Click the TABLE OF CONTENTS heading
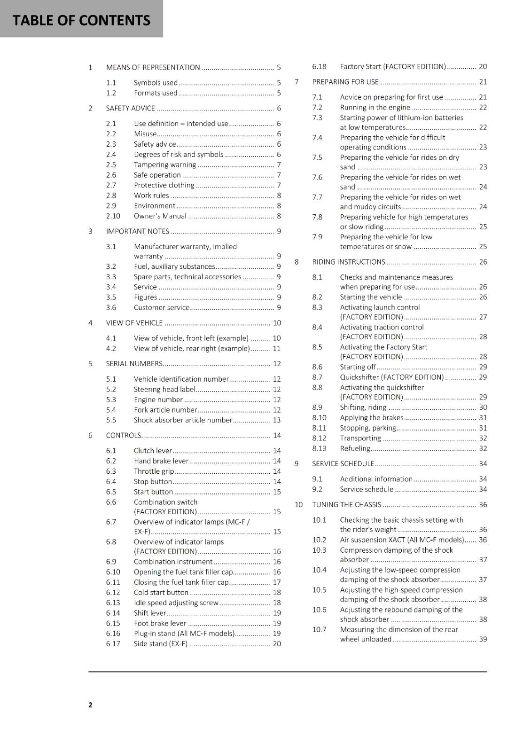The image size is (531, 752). pos(81,20)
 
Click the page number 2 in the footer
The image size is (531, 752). pos(90,705)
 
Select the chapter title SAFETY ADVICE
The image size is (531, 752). pos(131,108)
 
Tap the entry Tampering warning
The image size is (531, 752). pos(165,165)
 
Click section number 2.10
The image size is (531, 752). pos(113,216)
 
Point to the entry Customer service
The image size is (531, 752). pos(162,308)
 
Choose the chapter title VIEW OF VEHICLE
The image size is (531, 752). pos(134,323)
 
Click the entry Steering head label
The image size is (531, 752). pos(164,390)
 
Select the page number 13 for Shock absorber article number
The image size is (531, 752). pos(277,420)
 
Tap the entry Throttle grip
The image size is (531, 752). pos(154,471)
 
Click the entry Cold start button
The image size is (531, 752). pos(161,593)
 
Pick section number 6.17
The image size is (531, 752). pos(113,644)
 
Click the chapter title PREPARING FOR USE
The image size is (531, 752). pos(345,82)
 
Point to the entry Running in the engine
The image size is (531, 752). pos(375,108)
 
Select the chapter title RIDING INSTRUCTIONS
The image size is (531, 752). pos(349,262)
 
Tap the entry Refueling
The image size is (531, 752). pos(355,449)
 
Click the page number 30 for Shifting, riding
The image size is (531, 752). pos(483,407)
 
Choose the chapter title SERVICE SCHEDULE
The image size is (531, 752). pos(343,464)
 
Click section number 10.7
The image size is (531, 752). pos(319,630)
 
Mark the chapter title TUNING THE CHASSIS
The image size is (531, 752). pos(347,505)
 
